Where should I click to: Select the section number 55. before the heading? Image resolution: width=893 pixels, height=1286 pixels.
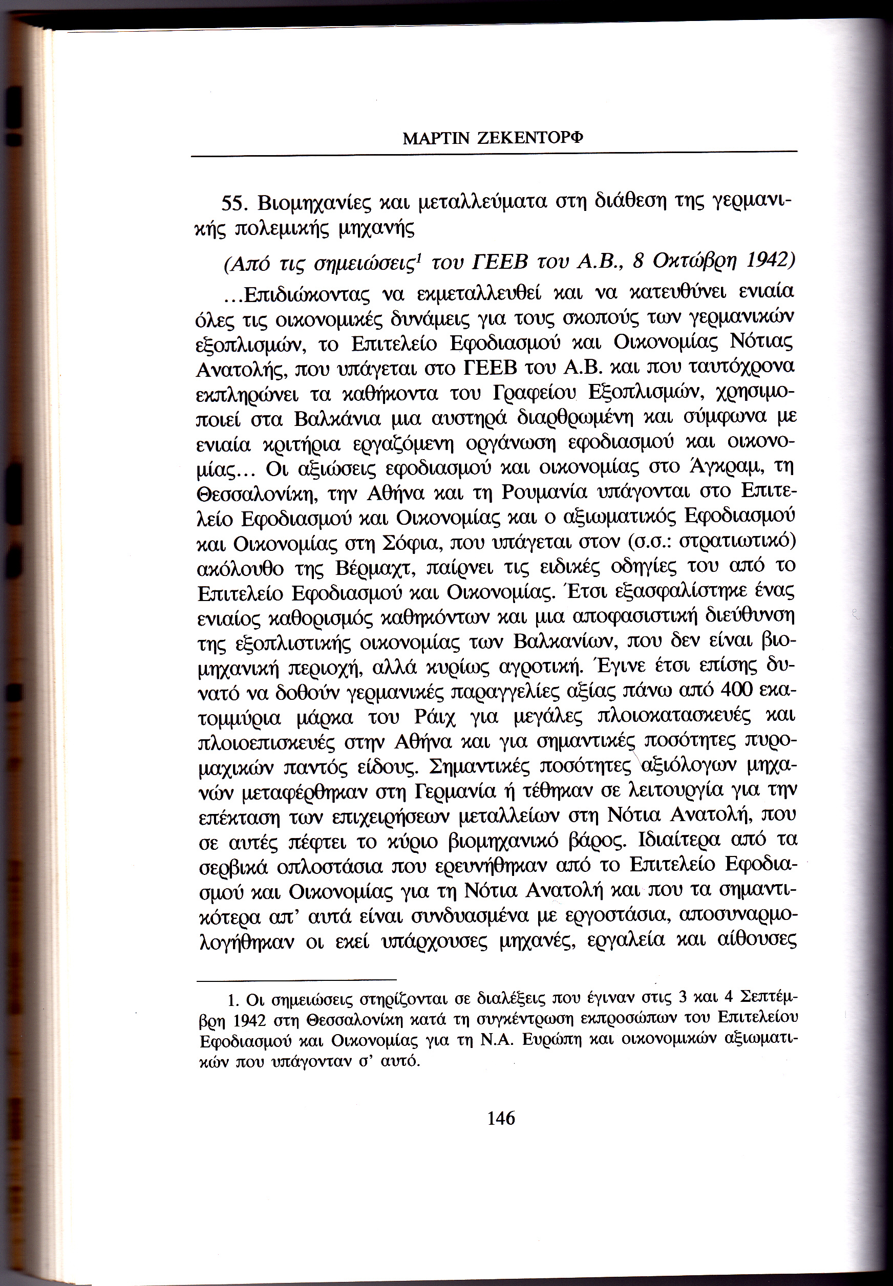click(235, 203)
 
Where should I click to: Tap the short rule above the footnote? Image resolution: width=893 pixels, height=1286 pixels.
click(296, 979)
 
